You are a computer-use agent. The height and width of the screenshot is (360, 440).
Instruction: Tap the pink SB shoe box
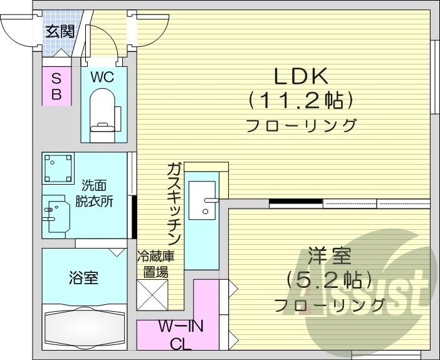56,86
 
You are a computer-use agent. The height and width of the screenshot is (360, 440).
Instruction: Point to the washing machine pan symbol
58,168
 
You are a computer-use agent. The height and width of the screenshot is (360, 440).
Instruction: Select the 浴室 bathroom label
83,277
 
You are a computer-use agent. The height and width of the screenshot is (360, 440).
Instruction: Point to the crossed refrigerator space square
152,295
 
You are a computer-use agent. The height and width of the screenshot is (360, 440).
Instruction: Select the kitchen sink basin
202,200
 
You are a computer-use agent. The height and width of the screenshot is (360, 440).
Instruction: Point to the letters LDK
300,76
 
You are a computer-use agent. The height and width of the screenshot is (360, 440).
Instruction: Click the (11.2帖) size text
301,100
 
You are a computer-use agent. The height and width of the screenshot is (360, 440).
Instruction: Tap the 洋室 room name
329,257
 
